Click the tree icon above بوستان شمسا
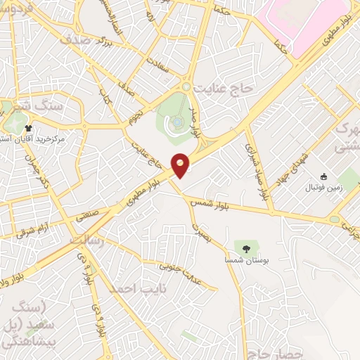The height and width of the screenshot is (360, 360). [x=245, y=247]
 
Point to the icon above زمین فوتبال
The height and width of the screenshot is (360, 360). [x=323, y=176]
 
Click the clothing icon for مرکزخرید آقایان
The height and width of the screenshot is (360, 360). [x=29, y=128]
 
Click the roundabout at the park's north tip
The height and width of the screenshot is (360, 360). [x=186, y=86]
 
